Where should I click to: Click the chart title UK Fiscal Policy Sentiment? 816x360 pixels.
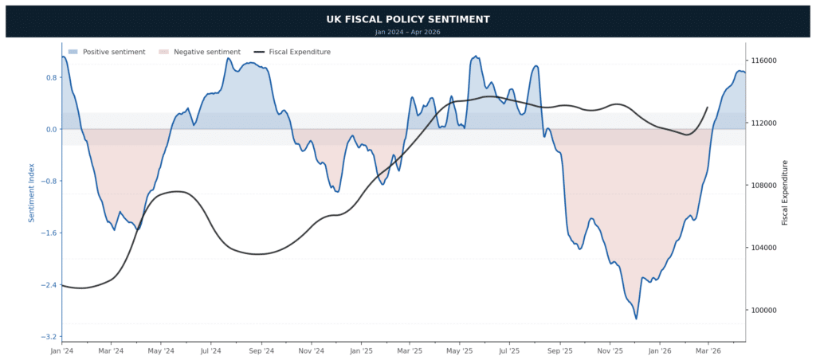click(x=407, y=19)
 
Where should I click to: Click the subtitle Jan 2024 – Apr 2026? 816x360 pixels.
click(x=407, y=32)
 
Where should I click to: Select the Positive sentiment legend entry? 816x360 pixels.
click(x=106, y=52)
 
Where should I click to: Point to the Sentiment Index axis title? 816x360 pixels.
click(x=32, y=192)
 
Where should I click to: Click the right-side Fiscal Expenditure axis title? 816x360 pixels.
click(x=784, y=192)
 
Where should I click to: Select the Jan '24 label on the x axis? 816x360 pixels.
click(x=61, y=350)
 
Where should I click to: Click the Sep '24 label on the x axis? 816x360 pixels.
click(x=261, y=350)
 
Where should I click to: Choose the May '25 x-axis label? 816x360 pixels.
click(x=459, y=350)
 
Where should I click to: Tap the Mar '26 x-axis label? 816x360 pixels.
click(x=708, y=350)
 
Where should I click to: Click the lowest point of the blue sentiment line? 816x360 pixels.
click(x=636, y=319)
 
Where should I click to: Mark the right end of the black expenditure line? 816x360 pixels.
click(x=708, y=108)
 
